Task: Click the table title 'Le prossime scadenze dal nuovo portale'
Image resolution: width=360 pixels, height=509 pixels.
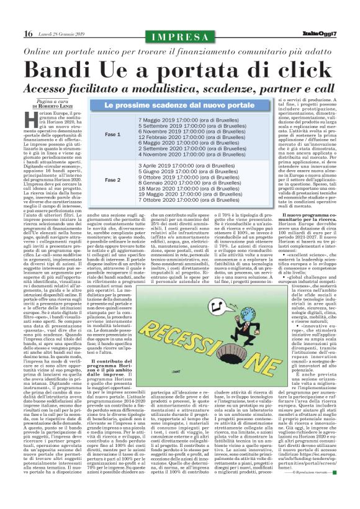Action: [179, 106]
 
